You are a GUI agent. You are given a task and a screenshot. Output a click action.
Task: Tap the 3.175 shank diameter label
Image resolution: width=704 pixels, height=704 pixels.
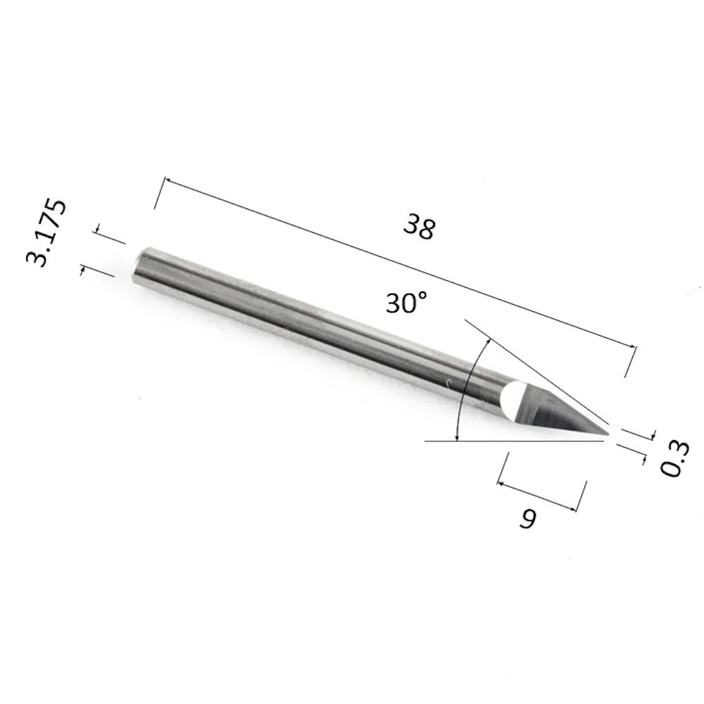point(46,233)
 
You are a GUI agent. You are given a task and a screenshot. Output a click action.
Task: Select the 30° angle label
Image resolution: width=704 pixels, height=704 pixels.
point(407,302)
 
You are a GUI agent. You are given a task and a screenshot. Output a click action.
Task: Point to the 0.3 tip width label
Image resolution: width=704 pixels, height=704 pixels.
point(674,458)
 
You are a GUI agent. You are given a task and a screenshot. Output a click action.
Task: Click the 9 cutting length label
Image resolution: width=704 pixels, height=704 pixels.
point(528,519)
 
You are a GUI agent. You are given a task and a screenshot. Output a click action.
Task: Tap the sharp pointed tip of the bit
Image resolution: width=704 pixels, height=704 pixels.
point(609,434)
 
